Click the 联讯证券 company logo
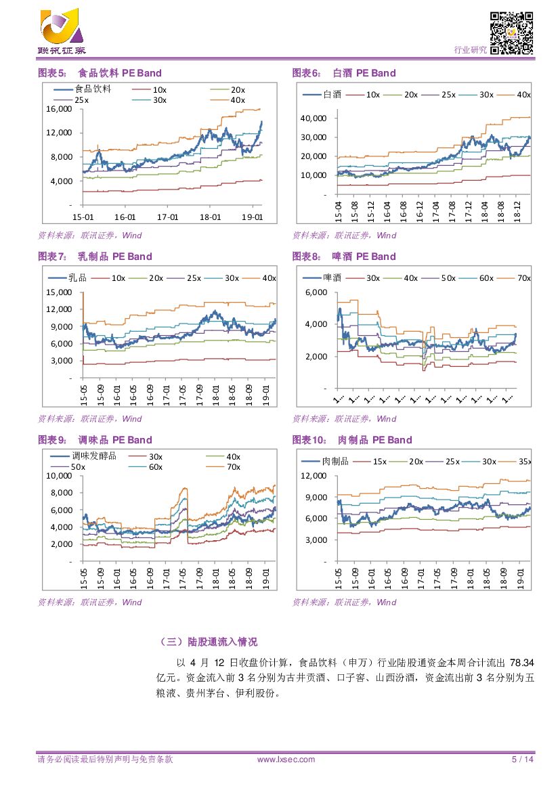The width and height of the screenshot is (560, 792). pyautogui.click(x=63, y=32)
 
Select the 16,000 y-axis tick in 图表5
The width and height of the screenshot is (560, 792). pyautogui.click(x=59, y=108)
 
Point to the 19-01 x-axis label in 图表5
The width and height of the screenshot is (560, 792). pyautogui.click(x=252, y=217)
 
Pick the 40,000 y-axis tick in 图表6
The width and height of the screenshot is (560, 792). pyautogui.click(x=314, y=118)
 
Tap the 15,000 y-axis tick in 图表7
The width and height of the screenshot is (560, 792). pyautogui.click(x=59, y=292)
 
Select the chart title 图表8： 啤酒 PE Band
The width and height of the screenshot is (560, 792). pyautogui.click(x=344, y=257)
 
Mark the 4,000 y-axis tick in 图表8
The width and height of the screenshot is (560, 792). pyautogui.click(x=316, y=324)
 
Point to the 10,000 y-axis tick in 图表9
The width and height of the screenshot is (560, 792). pyautogui.click(x=59, y=476)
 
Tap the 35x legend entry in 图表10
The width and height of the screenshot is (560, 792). pyautogui.click(x=523, y=462)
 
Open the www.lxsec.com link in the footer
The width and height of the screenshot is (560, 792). pyautogui.click(x=286, y=760)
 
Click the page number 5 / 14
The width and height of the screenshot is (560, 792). pyautogui.click(x=523, y=760)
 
